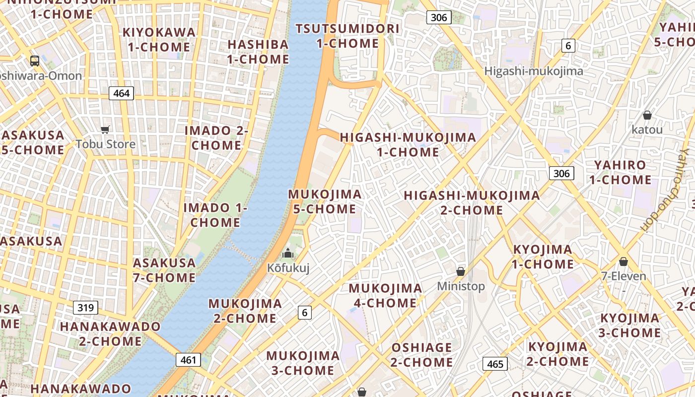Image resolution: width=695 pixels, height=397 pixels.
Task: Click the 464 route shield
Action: tap(121, 93)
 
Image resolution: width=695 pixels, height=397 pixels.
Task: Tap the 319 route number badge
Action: tap(85, 308)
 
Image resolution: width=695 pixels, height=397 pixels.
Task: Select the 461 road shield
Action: tap(188, 360)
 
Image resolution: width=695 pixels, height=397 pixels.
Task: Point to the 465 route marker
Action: tap(495, 364)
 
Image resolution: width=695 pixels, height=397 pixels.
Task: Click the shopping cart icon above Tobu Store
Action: tap(105, 130)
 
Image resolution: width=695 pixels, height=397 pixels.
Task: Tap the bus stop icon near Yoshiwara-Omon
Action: tap(35, 61)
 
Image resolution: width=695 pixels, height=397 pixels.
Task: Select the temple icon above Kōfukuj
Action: tap(288, 254)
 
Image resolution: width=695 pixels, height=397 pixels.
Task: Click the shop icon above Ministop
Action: tap(461, 271)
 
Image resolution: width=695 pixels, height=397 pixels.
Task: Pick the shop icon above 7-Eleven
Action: tap(624, 262)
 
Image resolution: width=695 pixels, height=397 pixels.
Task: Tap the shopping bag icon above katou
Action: tap(647, 116)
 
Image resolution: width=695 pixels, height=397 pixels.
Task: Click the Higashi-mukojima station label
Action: tap(534, 71)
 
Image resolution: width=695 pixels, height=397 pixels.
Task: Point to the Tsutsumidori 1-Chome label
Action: tap(347, 36)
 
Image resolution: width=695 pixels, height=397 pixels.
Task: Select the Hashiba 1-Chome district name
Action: tap(258, 52)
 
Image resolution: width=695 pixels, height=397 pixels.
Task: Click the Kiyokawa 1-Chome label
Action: tap(159, 40)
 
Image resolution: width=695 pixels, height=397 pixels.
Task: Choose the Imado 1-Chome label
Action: tap(215, 214)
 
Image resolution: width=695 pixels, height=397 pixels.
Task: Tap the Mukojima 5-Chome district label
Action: tap(325, 201)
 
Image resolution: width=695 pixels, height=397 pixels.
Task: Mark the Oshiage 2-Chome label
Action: tap(421, 354)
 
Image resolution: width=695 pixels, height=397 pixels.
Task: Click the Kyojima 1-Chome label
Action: tap(543, 257)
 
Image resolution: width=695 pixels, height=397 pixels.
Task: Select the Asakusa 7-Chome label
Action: tap(164, 270)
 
